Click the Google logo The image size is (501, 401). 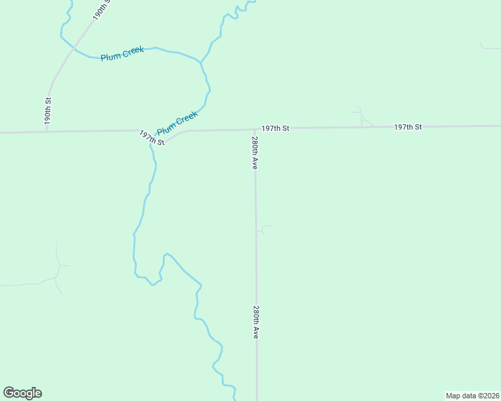[x=22, y=393]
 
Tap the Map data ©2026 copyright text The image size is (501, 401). [x=472, y=395]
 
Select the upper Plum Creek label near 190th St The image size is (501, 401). [x=122, y=53]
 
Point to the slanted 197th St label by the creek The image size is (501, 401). [x=152, y=138]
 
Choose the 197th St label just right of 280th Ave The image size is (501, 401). [x=275, y=128]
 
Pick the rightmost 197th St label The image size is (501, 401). [x=408, y=126]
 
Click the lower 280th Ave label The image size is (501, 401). [x=256, y=322]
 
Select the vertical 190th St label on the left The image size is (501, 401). [x=48, y=111]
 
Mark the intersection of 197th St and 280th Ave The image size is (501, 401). [x=255, y=129]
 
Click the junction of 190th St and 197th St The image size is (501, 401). [x=47, y=132]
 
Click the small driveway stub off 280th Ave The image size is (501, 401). [x=263, y=228]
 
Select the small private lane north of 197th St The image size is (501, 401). [x=362, y=117]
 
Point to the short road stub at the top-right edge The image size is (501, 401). [x=489, y=47]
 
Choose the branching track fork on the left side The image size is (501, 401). [x=59, y=266]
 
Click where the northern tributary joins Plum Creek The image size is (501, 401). [x=200, y=62]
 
